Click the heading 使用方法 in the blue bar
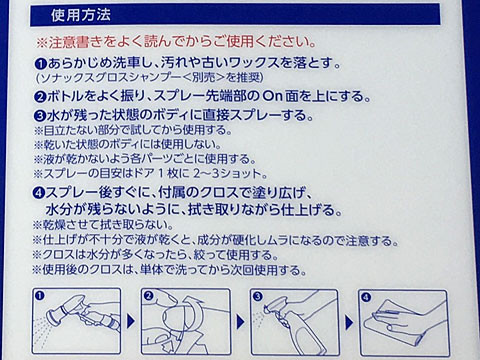coord(81,15)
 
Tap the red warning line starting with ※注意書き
coord(176,42)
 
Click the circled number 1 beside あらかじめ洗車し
coord(41,64)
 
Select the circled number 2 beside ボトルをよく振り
coord(40,97)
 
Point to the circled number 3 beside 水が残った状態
coord(40,117)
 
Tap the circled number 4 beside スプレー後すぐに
coord(39,193)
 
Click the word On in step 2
coord(273,97)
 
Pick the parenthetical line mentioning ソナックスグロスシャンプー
coord(150,78)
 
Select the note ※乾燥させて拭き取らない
coord(103,225)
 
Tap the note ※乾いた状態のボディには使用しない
coord(128,144)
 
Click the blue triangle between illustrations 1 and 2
coord(131,322)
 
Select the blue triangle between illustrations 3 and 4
coord(349,322)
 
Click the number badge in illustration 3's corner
coord(258,297)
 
